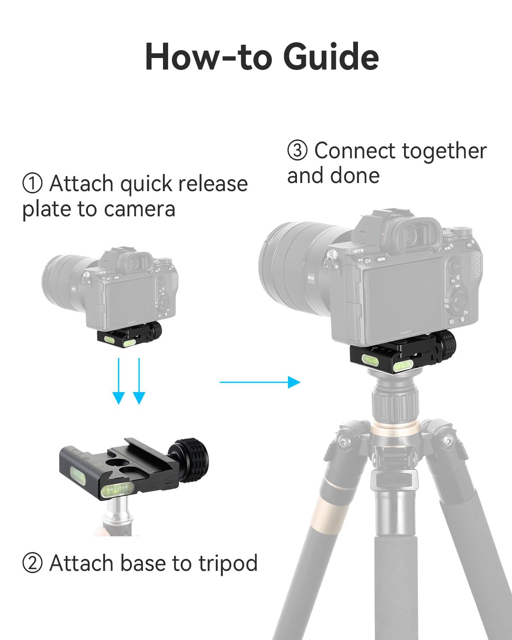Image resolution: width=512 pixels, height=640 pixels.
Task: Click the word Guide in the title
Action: point(331,57)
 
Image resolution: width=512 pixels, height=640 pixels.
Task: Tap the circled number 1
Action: point(32,184)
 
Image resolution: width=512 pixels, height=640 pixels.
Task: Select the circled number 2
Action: point(32,563)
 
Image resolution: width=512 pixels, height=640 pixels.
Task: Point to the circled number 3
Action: point(297,151)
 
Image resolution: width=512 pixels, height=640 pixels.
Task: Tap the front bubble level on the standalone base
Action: point(119,492)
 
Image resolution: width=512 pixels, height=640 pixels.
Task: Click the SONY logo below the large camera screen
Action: point(406,332)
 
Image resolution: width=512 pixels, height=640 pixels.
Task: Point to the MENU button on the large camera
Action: point(381,259)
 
